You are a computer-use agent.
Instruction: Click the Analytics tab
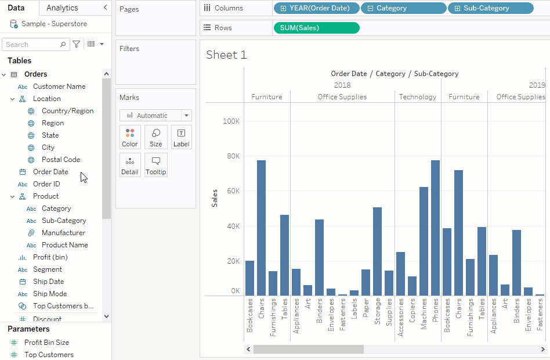62,8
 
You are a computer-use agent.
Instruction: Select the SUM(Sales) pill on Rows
316,28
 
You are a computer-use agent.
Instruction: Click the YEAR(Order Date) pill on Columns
316,8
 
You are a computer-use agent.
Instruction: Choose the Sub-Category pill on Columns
490,8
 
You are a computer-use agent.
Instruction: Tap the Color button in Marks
130,137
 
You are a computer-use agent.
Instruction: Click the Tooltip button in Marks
155,165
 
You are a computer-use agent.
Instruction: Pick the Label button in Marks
182,137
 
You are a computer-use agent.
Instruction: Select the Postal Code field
60,160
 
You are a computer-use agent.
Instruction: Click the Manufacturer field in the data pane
63,233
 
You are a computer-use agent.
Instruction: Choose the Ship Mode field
50,294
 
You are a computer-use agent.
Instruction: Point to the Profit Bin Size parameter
46,343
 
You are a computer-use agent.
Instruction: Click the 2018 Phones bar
435,228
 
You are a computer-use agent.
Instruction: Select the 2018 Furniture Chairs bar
261,228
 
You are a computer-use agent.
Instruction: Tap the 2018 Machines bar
424,241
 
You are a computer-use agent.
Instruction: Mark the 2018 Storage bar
377,251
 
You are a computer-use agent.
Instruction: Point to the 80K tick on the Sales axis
232,156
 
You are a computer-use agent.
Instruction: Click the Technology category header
418,97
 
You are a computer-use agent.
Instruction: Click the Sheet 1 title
226,55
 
